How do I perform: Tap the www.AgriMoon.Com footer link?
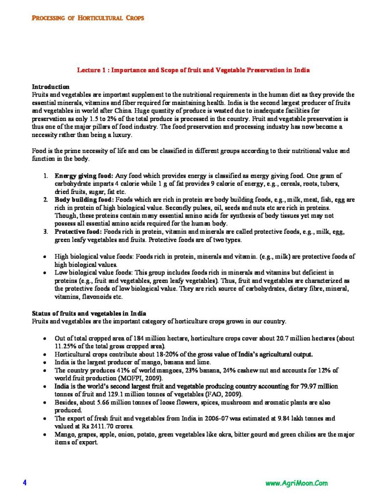[x=296, y=483]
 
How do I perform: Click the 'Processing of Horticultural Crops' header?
[x=88, y=18]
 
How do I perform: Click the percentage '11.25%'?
[x=64, y=346]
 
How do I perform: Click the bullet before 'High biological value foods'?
[x=45, y=256]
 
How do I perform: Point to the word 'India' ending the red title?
[x=301, y=70]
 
